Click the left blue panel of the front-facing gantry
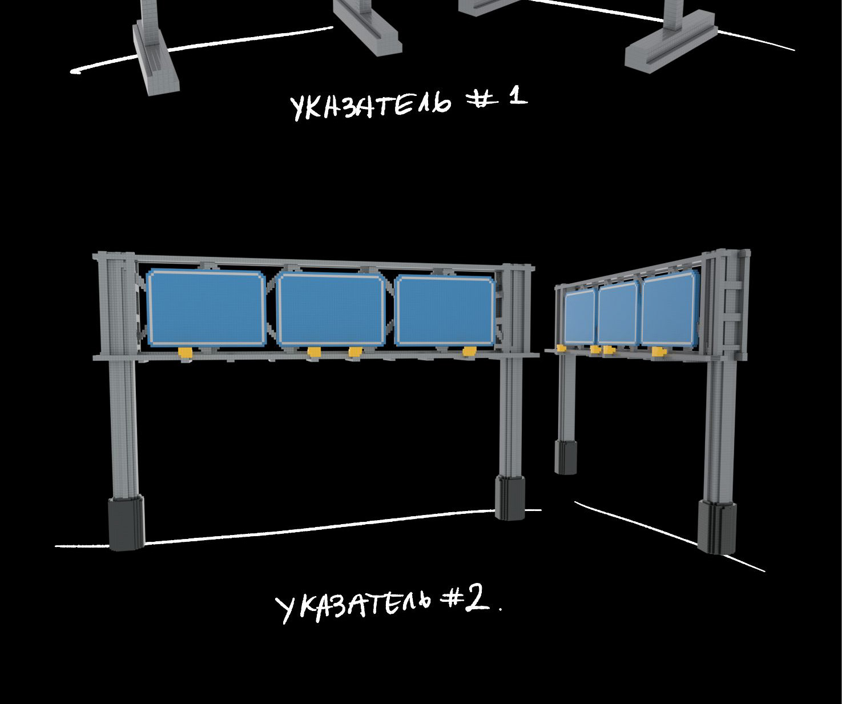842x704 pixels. tap(206, 308)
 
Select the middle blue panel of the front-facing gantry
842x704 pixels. tap(332, 310)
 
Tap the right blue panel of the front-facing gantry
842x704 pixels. tap(445, 311)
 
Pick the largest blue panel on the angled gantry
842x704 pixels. tap(670, 309)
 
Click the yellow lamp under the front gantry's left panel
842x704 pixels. tap(186, 353)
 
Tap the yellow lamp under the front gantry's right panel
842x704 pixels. tap(469, 351)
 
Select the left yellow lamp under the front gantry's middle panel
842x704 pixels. tap(314, 352)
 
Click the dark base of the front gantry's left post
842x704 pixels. tap(126, 523)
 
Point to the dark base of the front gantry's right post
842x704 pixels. tap(510, 498)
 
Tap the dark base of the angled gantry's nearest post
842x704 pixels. tap(717, 527)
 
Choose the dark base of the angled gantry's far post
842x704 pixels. tap(565, 457)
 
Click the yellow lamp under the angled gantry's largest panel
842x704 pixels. tap(658, 352)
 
